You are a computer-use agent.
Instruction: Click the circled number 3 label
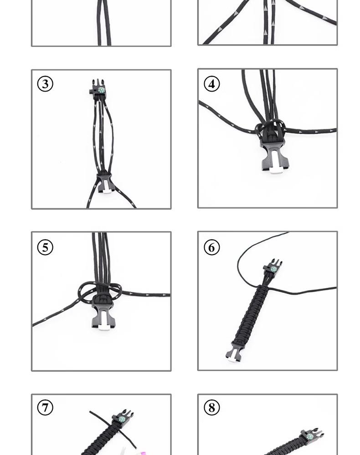tap(45, 84)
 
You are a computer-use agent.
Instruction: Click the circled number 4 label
tap(211, 84)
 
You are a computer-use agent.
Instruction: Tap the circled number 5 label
tap(45, 247)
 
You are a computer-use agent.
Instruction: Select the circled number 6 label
tap(211, 247)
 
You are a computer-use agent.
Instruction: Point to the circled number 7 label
tap(45, 407)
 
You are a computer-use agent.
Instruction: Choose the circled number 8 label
tap(211, 407)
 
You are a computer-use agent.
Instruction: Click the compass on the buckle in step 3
tap(101, 90)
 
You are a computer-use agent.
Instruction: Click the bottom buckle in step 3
tap(105, 182)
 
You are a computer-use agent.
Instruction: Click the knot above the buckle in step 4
tap(270, 130)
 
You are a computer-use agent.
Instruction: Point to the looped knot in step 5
tap(100, 291)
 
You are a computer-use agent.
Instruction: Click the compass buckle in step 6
tap(273, 269)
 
